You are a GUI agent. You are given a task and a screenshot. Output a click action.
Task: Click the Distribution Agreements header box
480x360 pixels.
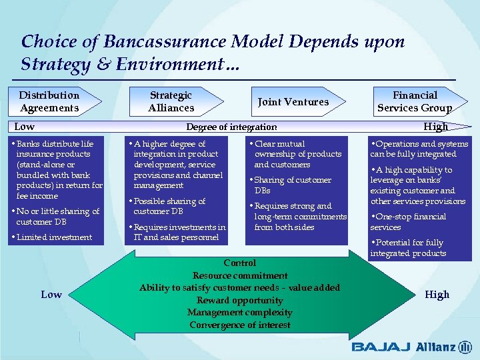pos(49,101)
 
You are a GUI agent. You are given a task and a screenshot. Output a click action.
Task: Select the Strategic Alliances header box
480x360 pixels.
pos(171,101)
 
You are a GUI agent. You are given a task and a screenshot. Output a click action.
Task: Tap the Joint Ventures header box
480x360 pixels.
pos(293,102)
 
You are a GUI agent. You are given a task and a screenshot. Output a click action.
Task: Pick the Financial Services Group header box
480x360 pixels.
pos(415,101)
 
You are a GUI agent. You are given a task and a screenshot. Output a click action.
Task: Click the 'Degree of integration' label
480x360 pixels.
pos(231,127)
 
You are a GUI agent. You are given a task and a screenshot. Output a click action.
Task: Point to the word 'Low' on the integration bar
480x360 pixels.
pos(25,127)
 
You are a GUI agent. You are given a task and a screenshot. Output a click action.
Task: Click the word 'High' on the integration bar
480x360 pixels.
pos(436,127)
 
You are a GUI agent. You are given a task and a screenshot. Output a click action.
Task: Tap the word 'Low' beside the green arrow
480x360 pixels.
pos(51,295)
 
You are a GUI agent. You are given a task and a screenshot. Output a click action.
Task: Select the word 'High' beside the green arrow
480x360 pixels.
pos(437,295)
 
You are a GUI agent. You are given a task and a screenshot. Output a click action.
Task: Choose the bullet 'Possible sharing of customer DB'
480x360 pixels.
pos(169,206)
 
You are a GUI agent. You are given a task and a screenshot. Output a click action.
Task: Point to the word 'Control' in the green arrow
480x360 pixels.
pos(240,263)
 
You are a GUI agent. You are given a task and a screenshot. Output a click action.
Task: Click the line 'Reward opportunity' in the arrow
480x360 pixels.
pos(240,300)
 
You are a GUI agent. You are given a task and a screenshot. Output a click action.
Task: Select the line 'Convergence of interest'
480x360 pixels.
pos(240,325)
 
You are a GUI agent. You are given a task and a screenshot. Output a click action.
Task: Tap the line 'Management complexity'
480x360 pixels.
pos(240,313)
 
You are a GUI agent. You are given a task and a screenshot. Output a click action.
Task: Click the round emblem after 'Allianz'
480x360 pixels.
pos(465,347)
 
